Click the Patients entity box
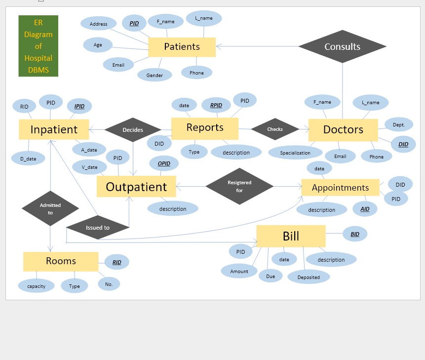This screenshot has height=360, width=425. [182, 47]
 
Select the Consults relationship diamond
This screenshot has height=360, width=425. [342, 46]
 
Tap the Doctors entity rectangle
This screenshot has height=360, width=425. [343, 130]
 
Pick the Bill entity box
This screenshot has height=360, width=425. [291, 236]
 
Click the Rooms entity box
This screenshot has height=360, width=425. [61, 261]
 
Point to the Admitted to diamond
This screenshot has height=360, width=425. [50, 208]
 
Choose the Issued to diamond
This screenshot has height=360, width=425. [98, 228]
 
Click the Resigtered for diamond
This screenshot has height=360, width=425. [239, 186]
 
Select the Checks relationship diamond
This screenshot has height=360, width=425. [275, 129]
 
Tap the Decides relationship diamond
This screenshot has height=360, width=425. [133, 130]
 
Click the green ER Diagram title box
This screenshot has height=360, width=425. [39, 46]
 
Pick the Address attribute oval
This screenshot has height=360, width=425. [99, 24]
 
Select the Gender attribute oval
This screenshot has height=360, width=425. [155, 75]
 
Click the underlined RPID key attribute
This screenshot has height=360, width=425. [216, 105]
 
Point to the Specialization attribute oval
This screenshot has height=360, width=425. [295, 153]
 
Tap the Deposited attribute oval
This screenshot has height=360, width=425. [309, 277]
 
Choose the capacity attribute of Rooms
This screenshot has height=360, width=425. [36, 286]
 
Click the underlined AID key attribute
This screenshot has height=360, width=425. [365, 209]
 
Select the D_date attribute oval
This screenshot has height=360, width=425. [28, 159]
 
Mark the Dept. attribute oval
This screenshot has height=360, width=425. [399, 125]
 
